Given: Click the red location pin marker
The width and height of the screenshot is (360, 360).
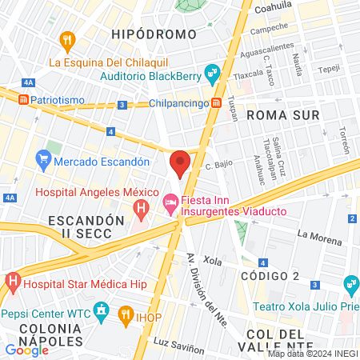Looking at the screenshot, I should [180, 163].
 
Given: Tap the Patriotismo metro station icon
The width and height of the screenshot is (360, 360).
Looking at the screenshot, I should [24, 99].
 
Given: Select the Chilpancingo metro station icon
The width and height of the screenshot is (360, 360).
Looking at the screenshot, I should [216, 103].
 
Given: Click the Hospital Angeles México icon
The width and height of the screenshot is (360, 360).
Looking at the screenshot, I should [142, 211].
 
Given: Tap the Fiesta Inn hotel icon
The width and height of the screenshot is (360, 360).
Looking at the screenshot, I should [170, 205].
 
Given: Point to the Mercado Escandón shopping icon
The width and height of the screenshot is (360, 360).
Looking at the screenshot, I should [43, 161].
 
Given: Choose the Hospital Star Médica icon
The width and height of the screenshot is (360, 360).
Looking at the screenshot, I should [12, 282].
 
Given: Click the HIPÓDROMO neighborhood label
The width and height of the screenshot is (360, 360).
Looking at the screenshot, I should [154, 34].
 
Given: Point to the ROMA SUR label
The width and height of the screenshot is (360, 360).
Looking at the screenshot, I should [283, 115].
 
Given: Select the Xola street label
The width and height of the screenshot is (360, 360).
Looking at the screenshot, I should [212, 261].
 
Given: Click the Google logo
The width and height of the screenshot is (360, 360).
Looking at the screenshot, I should [26, 350].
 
